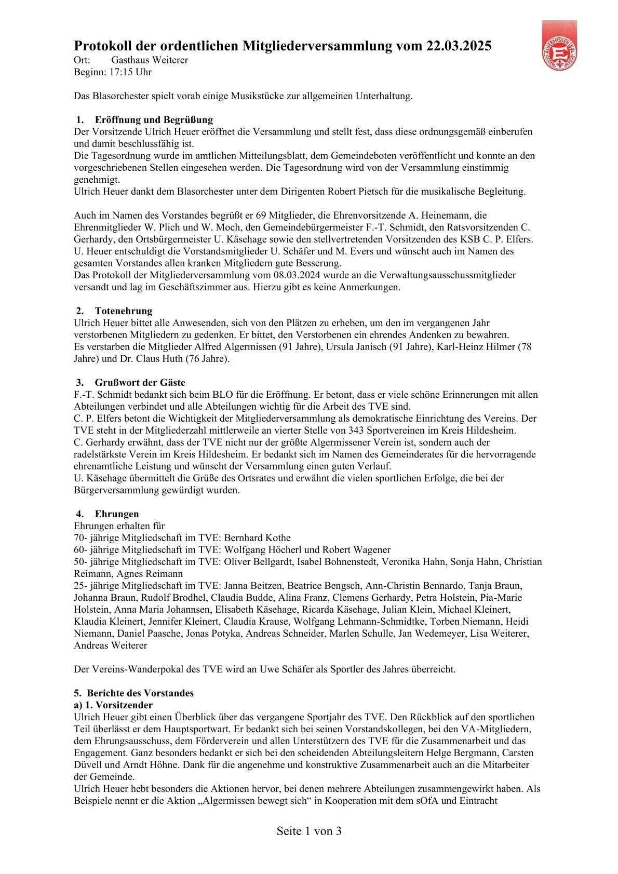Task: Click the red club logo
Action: coord(559,45)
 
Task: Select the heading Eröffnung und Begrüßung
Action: coord(154,120)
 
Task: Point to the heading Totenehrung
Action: coord(124,311)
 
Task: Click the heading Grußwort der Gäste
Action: coord(140,383)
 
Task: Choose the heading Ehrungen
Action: coord(117,514)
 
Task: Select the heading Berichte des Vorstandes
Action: coord(140,693)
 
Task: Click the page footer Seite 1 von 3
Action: coord(309,831)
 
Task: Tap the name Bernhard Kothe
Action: coord(257,538)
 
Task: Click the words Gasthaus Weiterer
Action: coord(150,60)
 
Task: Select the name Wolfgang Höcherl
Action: coord(257,550)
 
